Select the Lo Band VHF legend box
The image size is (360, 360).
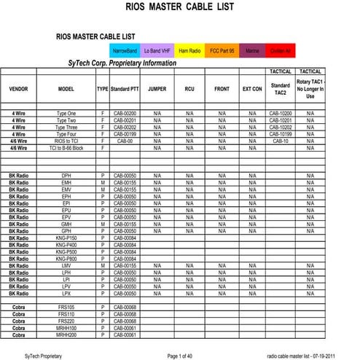point(157,51)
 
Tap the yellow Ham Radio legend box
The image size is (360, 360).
point(189,51)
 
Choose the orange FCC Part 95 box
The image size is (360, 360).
point(222,51)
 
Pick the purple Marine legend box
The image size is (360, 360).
point(252,51)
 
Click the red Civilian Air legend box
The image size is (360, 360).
point(282,51)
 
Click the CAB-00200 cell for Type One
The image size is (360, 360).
point(125,114)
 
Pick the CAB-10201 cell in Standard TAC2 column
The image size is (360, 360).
point(280,120)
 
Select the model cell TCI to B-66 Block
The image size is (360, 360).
point(66,147)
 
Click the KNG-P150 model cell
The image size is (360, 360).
point(66,238)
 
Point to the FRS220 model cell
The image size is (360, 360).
point(66,321)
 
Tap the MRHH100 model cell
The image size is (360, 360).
point(66,328)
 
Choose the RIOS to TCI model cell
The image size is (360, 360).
point(66,141)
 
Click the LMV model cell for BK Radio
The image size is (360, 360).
point(66,265)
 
